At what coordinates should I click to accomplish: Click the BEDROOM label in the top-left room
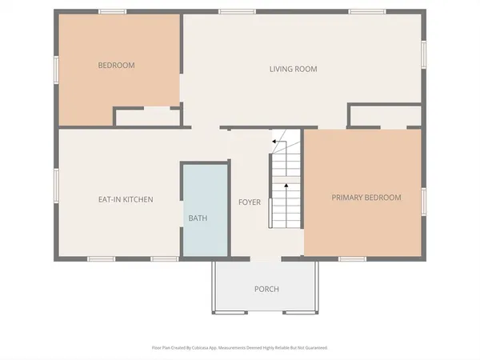116,66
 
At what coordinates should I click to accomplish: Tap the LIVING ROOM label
293,69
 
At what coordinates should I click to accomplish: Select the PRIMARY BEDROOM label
366,197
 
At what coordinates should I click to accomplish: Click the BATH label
197,218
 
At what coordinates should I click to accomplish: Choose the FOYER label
250,202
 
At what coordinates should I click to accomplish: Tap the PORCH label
266,289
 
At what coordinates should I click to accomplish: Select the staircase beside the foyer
286,180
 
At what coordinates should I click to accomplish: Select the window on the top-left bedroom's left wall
55,69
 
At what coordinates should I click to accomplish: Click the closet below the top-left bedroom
147,117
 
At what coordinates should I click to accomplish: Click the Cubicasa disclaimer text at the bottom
239,348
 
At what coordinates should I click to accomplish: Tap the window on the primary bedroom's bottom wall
352,258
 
